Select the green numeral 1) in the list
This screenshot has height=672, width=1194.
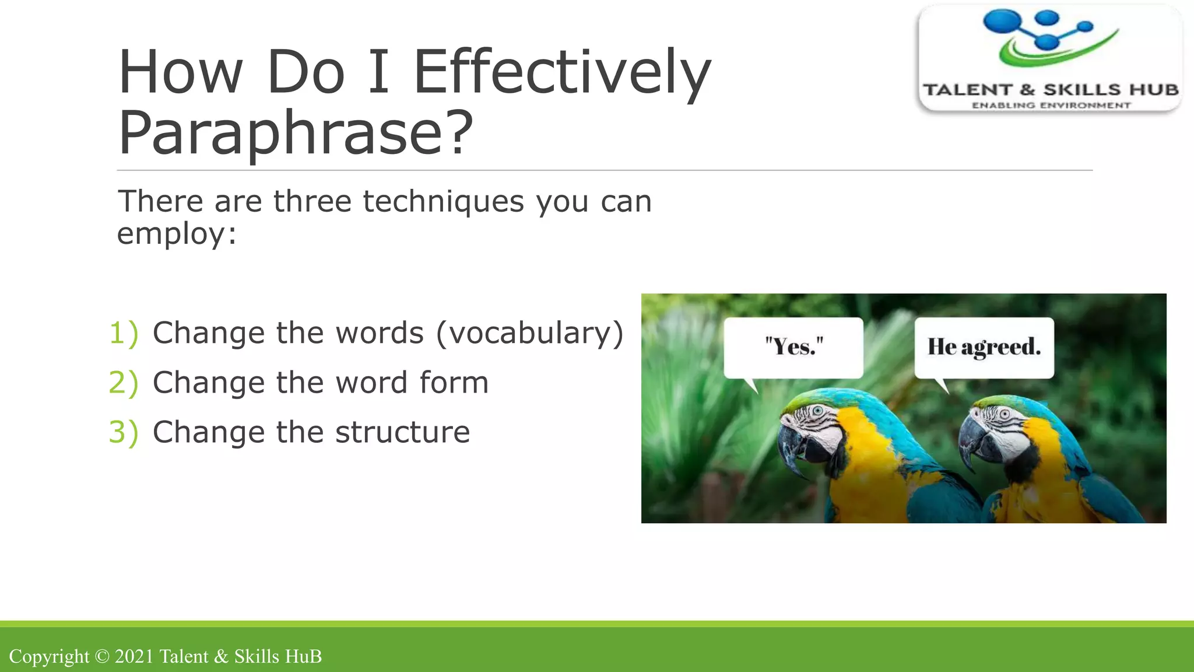click(x=124, y=333)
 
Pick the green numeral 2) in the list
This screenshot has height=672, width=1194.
click(x=124, y=383)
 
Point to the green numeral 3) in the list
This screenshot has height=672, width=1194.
click(x=124, y=432)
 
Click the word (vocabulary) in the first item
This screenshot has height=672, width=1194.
click(x=529, y=333)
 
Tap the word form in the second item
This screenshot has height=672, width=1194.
click(x=454, y=383)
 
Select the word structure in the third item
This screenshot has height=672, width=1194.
click(x=402, y=432)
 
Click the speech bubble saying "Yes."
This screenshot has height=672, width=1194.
click(x=793, y=347)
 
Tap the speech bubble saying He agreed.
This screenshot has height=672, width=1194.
click(x=984, y=347)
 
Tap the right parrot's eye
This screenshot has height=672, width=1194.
click(x=1005, y=414)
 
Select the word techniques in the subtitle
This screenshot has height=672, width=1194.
click(x=443, y=201)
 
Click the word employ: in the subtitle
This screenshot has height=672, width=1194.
click(x=177, y=233)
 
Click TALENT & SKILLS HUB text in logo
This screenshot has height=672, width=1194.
click(x=1051, y=90)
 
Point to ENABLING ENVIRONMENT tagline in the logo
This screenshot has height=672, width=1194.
click(x=1051, y=106)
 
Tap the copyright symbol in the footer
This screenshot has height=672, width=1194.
click(x=102, y=656)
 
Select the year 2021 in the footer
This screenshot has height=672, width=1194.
click(x=134, y=656)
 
